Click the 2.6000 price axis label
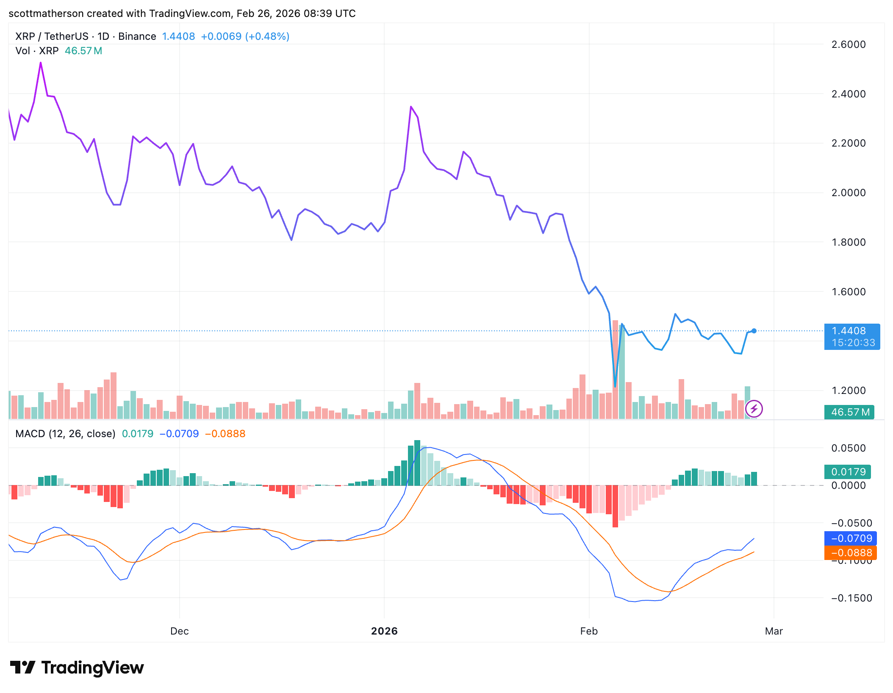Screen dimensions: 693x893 tap(848, 44)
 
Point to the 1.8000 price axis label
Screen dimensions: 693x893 tap(848, 242)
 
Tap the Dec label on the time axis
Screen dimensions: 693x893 tap(179, 631)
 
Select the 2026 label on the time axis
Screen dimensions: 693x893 tap(384, 631)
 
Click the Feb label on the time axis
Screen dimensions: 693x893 tap(588, 631)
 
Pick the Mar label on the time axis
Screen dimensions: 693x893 tap(774, 631)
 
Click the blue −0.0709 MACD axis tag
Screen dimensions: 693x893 tap(851, 538)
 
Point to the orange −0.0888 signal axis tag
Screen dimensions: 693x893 tap(851, 553)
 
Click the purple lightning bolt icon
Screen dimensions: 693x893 tap(754, 409)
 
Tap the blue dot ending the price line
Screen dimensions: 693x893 tap(754, 331)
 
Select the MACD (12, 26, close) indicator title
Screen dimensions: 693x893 tap(65, 434)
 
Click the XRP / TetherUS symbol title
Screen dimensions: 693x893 tap(52, 36)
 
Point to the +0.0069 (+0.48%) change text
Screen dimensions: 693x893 tap(245, 36)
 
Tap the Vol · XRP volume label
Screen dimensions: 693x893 tap(37, 51)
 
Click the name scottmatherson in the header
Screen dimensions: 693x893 tap(46, 14)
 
